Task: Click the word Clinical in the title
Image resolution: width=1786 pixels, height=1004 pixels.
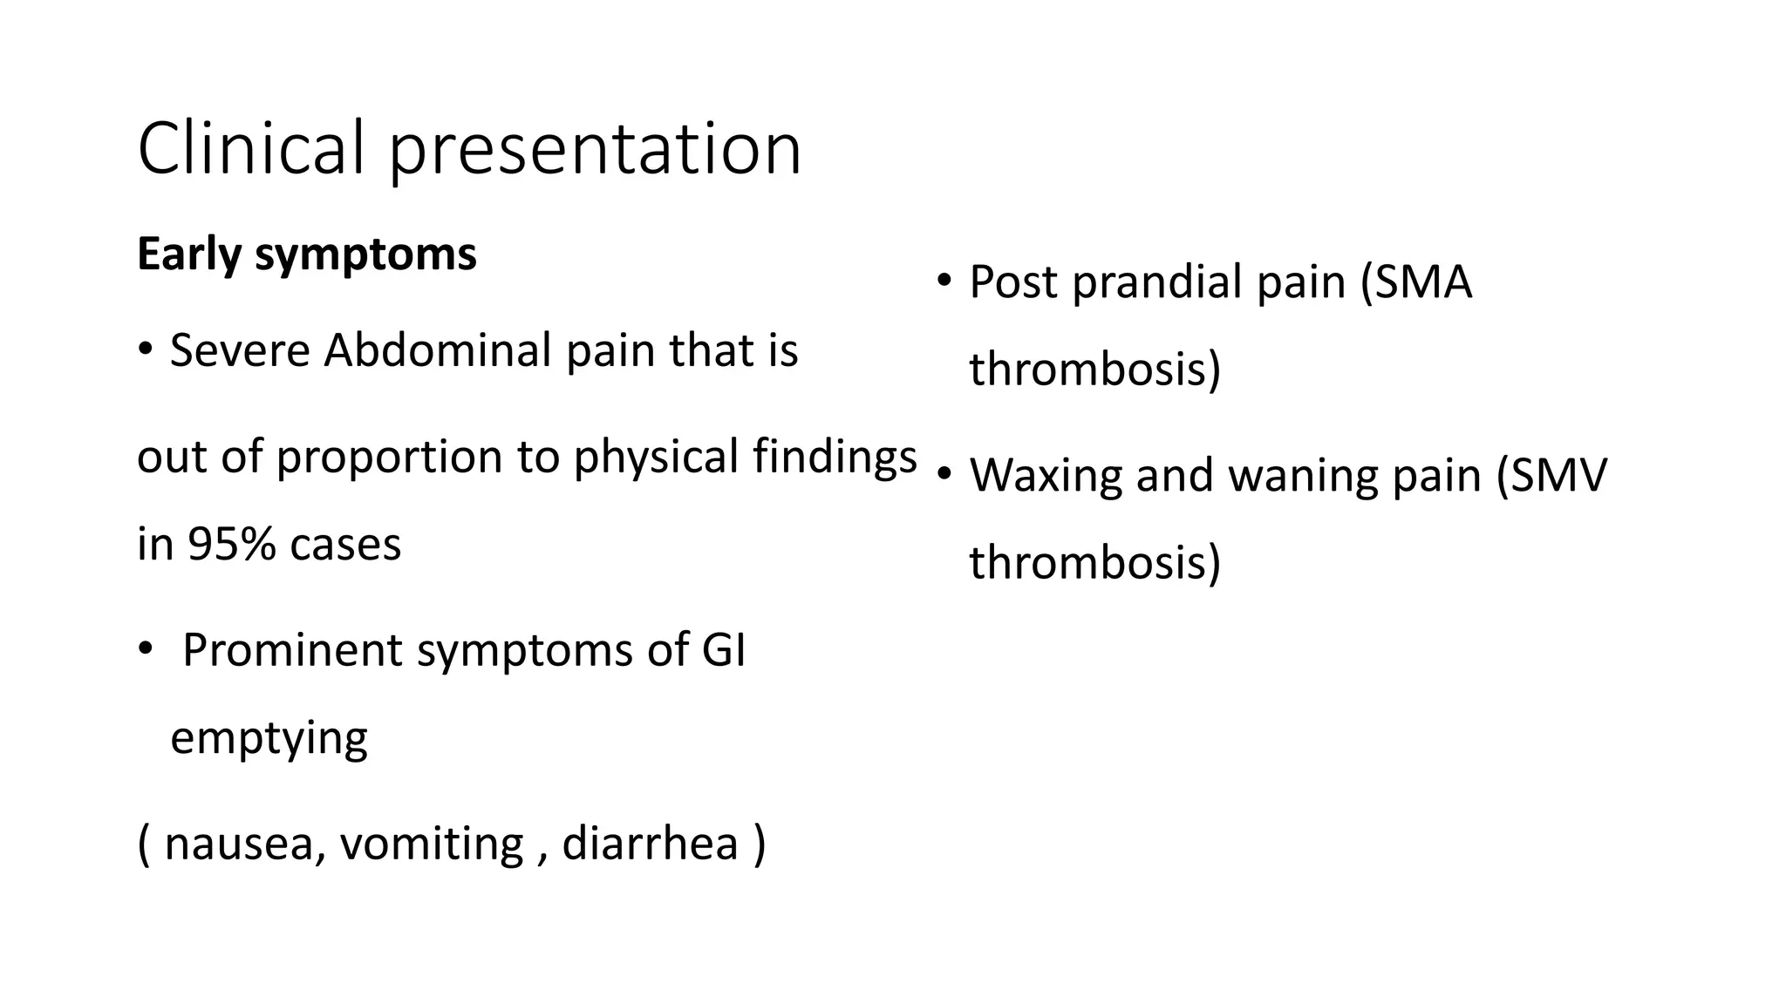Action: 250,148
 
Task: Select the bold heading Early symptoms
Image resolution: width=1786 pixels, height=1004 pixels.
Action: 307,254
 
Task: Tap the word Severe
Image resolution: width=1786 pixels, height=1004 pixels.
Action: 239,350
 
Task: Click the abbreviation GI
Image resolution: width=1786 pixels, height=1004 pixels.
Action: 723,650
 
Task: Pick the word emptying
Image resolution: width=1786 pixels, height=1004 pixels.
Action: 269,739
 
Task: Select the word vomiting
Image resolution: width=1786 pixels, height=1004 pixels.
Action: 432,844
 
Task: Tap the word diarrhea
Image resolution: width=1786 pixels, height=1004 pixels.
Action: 650,844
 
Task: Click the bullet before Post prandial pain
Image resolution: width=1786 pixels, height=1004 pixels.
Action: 943,282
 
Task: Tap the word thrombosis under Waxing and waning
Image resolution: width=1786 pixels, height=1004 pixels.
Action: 1094,562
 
